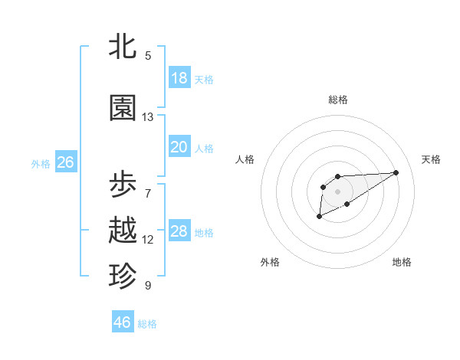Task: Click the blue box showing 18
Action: point(179,78)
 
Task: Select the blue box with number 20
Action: point(179,147)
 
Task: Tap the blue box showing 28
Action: point(179,231)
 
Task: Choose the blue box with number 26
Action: point(65,162)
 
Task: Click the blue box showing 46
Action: point(123,322)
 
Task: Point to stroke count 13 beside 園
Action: point(148,117)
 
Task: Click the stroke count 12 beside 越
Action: point(148,240)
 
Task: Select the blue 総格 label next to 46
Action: point(147,324)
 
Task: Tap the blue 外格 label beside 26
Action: point(41,163)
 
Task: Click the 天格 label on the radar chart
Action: point(431,159)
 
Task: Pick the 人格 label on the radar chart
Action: point(245,159)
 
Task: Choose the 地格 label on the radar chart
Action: point(402,262)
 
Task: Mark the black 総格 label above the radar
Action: point(338,100)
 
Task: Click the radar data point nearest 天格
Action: point(396,172)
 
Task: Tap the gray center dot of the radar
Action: point(337,191)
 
